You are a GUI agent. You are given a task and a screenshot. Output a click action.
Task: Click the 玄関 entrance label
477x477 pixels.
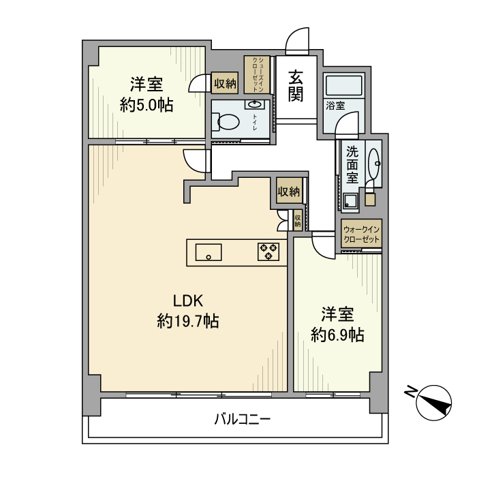pyautogui.click(x=296, y=87)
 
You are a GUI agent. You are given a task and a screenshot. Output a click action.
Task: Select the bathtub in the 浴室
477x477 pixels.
pyautogui.click(x=345, y=87)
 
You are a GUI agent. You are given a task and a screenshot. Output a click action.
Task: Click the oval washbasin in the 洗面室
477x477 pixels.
pyautogui.click(x=373, y=164)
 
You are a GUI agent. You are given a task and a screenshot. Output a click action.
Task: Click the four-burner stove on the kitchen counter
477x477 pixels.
pyautogui.click(x=268, y=252)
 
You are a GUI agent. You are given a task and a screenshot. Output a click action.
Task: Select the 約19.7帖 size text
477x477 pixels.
pyautogui.click(x=187, y=321)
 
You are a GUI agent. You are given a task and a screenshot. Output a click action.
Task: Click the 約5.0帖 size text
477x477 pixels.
pyautogui.click(x=146, y=106)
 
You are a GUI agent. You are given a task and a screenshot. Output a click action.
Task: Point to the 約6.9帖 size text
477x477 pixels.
pyautogui.click(x=337, y=335)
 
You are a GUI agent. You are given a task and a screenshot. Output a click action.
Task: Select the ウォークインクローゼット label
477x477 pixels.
pyautogui.click(x=361, y=235)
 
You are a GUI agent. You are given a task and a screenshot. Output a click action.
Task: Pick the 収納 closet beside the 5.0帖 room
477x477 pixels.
pyautogui.click(x=225, y=84)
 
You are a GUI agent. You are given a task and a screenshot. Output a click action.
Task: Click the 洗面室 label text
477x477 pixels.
pyautogui.click(x=352, y=164)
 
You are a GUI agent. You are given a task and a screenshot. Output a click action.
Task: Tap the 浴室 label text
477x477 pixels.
pyautogui.click(x=335, y=106)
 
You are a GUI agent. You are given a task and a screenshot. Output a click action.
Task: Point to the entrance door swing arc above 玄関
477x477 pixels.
pyautogui.click(x=297, y=42)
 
